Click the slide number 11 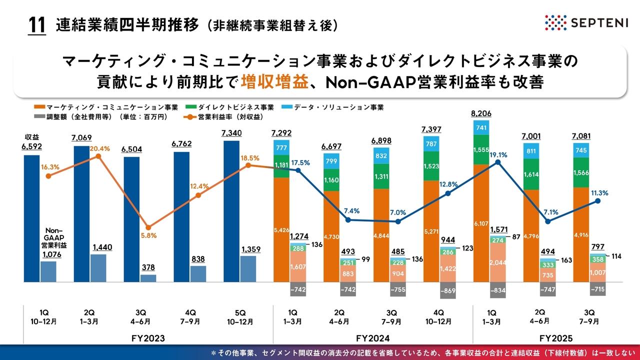click(x=36, y=25)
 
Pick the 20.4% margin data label click(x=100, y=148)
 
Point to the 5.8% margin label click(x=148, y=235)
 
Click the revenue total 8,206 click(x=481, y=113)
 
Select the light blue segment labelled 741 click(x=481, y=128)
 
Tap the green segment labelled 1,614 click(x=531, y=174)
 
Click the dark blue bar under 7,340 click(x=231, y=210)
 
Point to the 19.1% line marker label click(x=498, y=155)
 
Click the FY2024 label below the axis click(x=372, y=337)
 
